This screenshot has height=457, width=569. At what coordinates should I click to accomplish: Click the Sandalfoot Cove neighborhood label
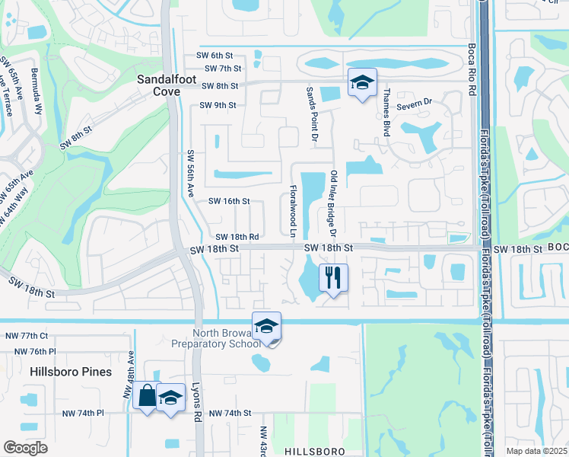click(158, 85)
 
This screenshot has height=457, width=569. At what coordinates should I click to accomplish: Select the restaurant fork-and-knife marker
click(333, 277)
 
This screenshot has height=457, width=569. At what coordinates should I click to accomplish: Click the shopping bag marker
click(146, 396)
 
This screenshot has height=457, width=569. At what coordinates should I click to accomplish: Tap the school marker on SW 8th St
click(363, 82)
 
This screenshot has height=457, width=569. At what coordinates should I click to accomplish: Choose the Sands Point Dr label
click(310, 113)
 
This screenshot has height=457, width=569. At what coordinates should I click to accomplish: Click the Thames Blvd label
click(386, 112)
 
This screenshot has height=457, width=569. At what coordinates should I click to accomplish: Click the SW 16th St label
click(229, 201)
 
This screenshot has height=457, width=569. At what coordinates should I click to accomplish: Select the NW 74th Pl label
click(84, 413)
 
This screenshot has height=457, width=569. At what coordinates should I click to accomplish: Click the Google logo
click(26, 447)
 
